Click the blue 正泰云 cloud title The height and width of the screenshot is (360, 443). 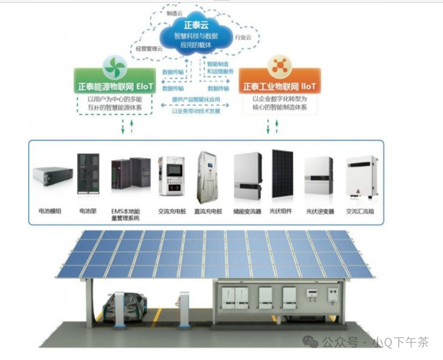tap(195, 25)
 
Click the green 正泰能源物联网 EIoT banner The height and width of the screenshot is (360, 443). tap(115, 87)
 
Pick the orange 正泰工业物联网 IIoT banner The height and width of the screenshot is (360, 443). tap(279, 87)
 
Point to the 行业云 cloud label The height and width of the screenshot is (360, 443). tap(243, 37)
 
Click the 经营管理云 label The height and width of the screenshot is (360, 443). tap(149, 49)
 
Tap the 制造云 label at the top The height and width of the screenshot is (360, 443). tap(174, 13)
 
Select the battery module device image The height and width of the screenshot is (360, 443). tap(53, 176)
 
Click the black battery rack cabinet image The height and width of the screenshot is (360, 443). tap(88, 174)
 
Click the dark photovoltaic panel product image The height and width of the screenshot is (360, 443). tap(282, 173)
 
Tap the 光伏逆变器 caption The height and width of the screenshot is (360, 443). tap(320, 212)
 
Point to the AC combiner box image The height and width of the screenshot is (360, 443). tap(362, 176)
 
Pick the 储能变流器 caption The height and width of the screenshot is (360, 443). tap(247, 212)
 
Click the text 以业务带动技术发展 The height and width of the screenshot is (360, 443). tap(196, 111)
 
